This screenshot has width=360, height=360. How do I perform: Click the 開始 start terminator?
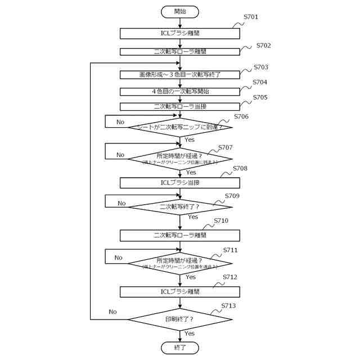[x=180, y=11]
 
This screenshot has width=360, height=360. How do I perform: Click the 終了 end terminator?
[x=180, y=348]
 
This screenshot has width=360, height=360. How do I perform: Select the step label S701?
[x=251, y=17]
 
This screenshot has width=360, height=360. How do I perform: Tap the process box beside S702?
[x=180, y=51]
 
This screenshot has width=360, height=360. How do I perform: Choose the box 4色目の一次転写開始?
[x=180, y=91]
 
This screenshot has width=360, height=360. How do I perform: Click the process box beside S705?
[x=180, y=106]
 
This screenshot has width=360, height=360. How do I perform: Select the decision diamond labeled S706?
[x=180, y=128]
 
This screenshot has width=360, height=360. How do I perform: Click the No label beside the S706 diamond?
[x=120, y=121]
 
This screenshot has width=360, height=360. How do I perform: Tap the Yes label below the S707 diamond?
[x=191, y=172]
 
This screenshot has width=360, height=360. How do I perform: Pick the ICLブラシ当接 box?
[x=180, y=183]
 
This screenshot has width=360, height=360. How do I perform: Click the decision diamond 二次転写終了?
[x=180, y=206]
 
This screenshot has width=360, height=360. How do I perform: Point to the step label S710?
[x=221, y=220]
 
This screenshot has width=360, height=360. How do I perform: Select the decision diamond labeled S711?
[x=180, y=263]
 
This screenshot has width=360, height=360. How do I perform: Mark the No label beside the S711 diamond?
[x=118, y=258]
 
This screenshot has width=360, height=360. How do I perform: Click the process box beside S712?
[x=180, y=291]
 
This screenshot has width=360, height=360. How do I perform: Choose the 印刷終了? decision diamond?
[x=180, y=319]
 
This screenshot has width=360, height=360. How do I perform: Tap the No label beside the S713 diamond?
[x=112, y=312]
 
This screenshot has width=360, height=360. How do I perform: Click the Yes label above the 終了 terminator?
[x=190, y=334]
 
